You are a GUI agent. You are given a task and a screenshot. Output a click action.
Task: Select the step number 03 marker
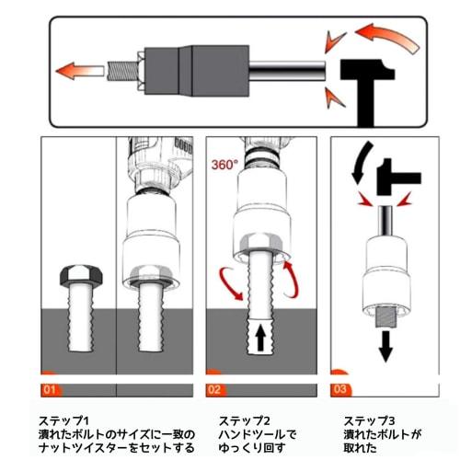(339, 388)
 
